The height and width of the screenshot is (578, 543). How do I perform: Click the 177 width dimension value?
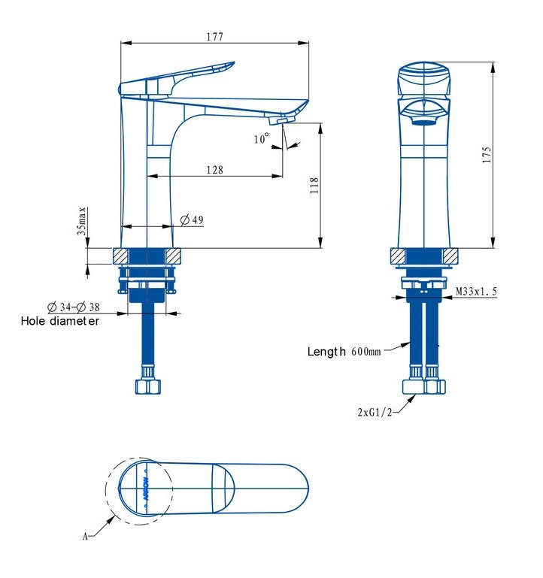214,37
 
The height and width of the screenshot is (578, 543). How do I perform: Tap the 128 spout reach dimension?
214,170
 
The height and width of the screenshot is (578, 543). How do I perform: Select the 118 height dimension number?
314,186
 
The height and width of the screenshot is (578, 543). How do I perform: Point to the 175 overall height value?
487,155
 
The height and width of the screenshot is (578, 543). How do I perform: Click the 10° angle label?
262,138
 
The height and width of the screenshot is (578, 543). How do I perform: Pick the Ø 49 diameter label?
192,219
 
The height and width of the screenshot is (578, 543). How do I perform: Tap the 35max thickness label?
82,221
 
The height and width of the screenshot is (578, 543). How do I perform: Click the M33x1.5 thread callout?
477,291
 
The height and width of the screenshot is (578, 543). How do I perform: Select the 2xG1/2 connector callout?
375,412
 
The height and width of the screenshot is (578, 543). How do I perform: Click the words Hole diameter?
60,321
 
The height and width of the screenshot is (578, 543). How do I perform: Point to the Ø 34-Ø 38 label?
74,307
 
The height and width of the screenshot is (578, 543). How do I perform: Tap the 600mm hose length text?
366,351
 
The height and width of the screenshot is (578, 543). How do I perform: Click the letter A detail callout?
85,536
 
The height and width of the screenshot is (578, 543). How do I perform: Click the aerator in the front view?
424,123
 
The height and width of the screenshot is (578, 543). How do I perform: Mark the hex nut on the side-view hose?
148,387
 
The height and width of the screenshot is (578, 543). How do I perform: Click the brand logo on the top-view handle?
146,489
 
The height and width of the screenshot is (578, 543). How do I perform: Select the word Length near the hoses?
326,351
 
